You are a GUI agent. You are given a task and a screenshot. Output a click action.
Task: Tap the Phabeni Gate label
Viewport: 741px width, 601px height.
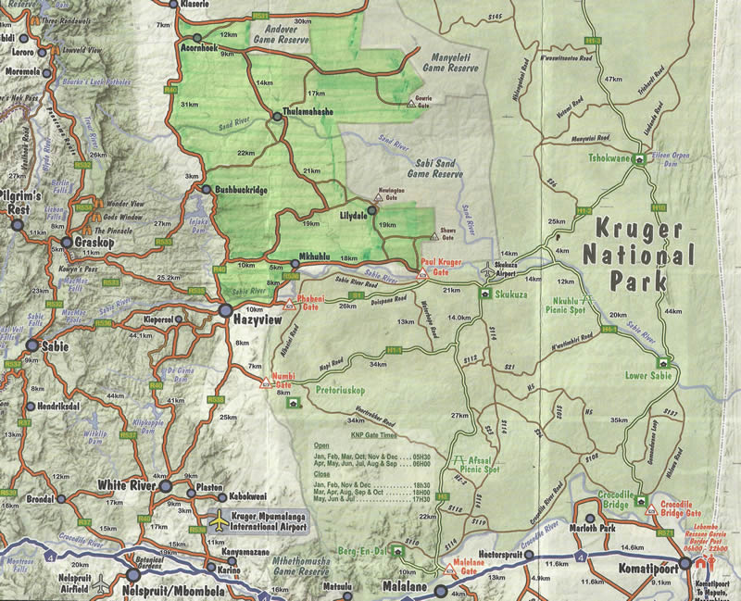[311, 306]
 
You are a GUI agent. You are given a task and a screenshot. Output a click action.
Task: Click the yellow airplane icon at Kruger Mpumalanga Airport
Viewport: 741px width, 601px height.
[220, 521]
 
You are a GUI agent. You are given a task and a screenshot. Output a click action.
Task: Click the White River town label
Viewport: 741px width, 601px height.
[125, 485]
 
